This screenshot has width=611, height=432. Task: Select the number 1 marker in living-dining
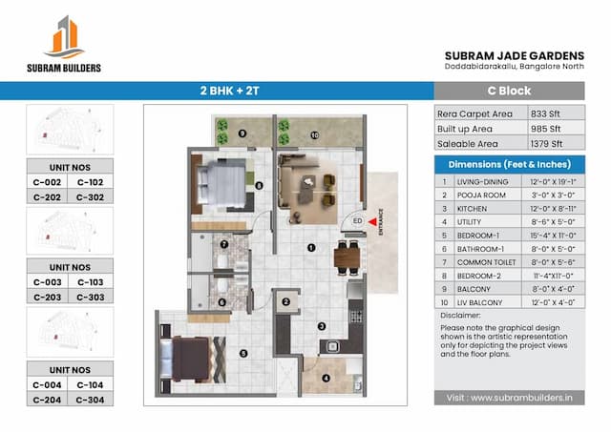click(310, 248)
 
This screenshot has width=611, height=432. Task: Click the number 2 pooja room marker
click(285, 302)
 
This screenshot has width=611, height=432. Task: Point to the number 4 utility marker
click(327, 377)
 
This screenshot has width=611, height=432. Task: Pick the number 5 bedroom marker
click(244, 353)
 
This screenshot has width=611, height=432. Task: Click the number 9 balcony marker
click(242, 134)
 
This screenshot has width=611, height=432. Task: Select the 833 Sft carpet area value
click(544, 113)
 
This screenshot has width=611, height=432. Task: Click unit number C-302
click(91, 197)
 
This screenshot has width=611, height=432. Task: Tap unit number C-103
click(91, 282)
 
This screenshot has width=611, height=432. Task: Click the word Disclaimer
click(461, 314)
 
